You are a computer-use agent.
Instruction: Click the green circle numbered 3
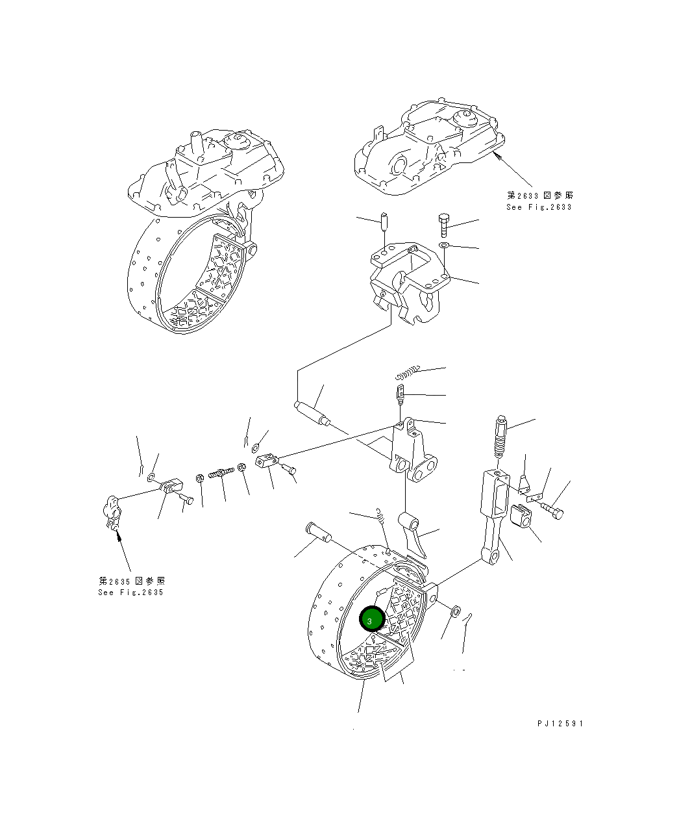[372, 619]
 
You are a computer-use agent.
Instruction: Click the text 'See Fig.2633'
[539, 207]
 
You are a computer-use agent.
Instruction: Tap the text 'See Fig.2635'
[130, 592]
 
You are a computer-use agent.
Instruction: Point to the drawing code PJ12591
[560, 724]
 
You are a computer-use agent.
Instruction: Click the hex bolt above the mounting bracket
[444, 225]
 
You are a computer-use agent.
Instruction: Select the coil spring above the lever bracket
[408, 373]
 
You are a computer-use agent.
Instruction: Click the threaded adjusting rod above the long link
[501, 437]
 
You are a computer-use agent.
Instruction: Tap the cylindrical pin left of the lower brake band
[318, 533]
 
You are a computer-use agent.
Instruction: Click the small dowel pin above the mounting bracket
[384, 222]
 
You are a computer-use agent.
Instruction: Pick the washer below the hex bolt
[444, 245]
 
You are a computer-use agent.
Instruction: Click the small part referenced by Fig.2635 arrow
[112, 513]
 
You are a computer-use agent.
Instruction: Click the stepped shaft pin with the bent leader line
[312, 414]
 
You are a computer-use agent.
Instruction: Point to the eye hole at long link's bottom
[494, 556]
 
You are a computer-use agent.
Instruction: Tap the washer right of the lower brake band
[456, 611]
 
